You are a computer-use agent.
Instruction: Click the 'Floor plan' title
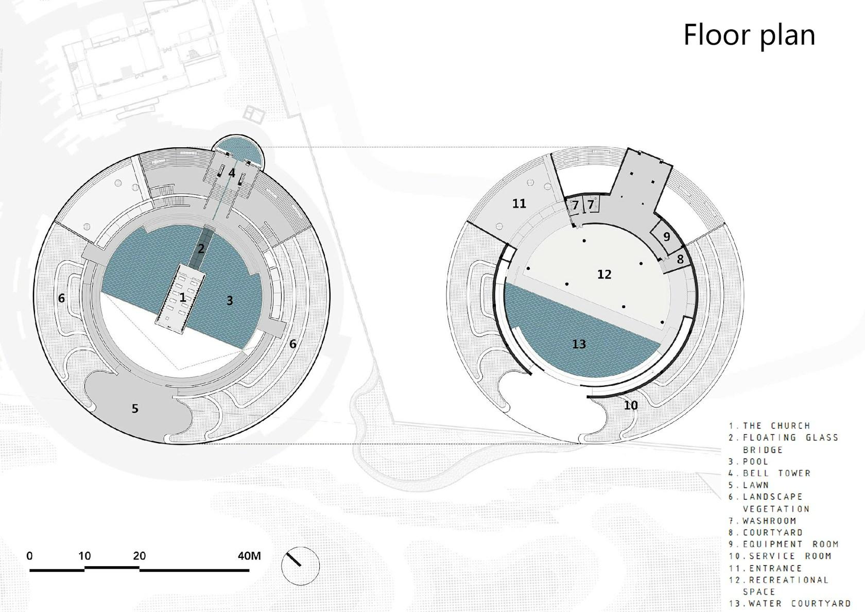click(749, 36)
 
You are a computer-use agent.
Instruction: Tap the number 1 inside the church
click(183, 298)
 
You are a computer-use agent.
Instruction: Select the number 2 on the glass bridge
click(201, 248)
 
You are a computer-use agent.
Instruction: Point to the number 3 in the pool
click(230, 300)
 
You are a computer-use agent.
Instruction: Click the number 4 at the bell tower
click(232, 173)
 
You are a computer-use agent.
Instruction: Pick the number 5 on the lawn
click(135, 409)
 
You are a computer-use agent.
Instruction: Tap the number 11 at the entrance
click(519, 203)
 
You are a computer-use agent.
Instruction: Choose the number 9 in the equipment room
click(666, 236)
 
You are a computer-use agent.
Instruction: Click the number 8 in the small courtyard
click(681, 259)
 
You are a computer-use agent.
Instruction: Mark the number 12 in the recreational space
click(604, 274)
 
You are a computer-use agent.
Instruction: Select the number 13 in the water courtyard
click(579, 344)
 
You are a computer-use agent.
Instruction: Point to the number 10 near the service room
click(631, 405)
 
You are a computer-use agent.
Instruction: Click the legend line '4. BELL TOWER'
click(770, 473)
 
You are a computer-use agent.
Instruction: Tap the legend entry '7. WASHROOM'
click(763, 520)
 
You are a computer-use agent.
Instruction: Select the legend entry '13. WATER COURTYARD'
click(790, 603)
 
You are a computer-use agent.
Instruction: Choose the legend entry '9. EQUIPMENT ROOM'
click(784, 544)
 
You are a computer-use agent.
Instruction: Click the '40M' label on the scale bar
click(249, 556)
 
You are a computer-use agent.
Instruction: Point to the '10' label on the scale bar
click(84, 556)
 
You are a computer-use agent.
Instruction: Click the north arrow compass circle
click(301, 566)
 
